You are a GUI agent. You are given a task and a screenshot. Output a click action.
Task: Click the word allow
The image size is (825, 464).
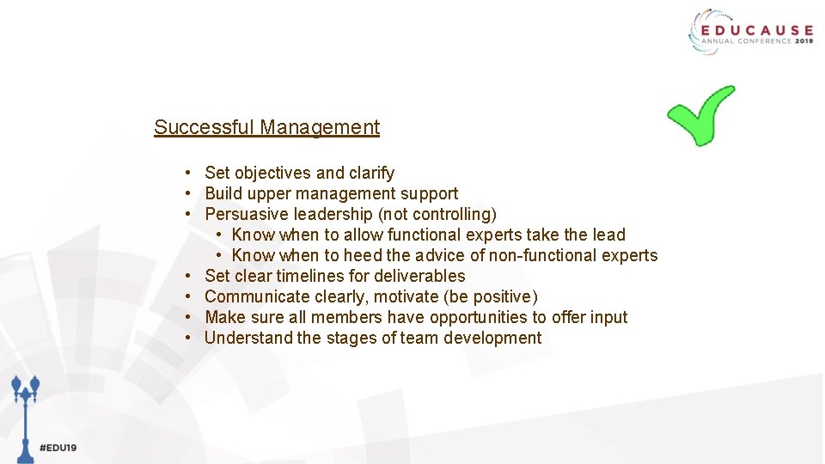click(x=363, y=235)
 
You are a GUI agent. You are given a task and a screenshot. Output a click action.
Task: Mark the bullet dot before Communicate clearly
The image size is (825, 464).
click(x=187, y=296)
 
